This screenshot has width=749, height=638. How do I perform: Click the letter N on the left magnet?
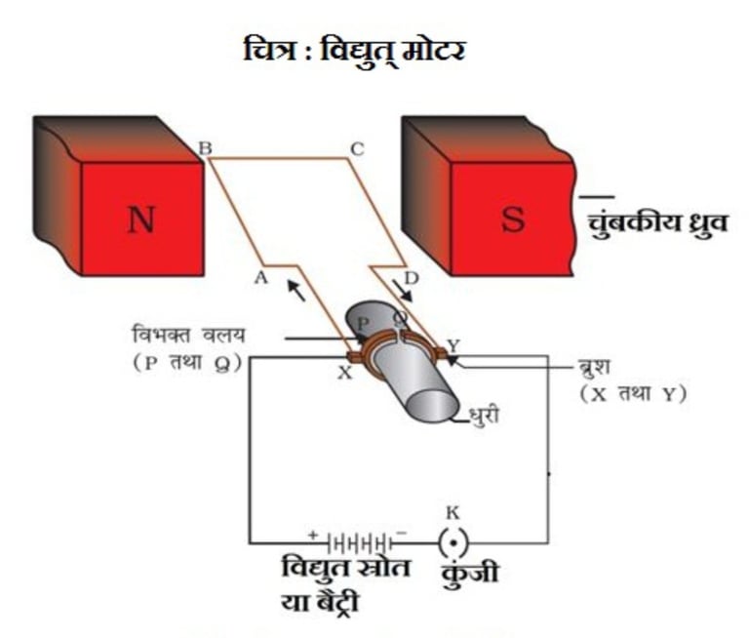[142, 220]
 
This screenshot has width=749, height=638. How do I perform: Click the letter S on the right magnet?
[512, 220]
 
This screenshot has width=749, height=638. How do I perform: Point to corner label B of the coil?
[206, 148]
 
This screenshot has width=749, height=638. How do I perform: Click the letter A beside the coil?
[259, 277]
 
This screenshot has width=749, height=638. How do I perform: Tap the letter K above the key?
[452, 511]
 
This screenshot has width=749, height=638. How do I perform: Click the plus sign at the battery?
[314, 534]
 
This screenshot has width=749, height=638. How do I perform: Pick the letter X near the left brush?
[344, 373]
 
